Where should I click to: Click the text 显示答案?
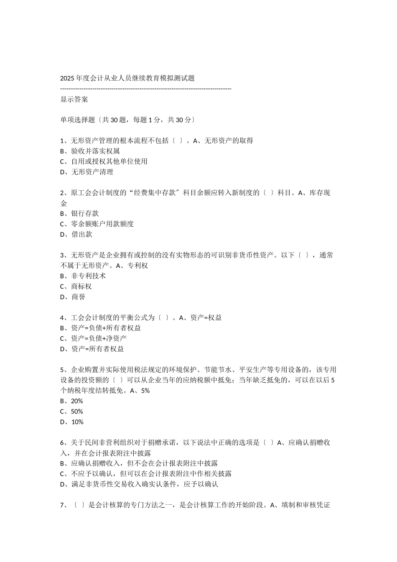coord(74,99)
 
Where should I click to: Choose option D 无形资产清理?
coord(87,172)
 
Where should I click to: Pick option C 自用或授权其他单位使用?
coord(104,161)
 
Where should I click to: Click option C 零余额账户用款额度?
coord(97,224)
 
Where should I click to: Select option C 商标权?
coord(76,286)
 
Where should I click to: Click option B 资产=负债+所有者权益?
coord(100,328)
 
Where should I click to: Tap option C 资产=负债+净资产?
coord(93,338)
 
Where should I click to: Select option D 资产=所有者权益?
coord(92,349)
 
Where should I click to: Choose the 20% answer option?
coord(71,401)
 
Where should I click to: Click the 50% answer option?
coord(71,411)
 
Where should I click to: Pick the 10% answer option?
coord(72,422)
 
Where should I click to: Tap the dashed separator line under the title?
coord(146,89)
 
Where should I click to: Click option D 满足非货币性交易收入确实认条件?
coord(139,484)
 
